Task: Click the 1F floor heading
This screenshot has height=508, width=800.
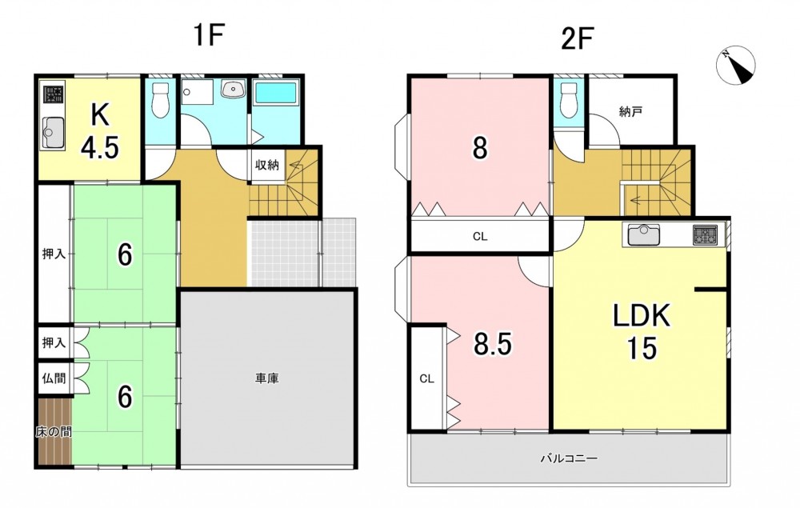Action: coord(209,36)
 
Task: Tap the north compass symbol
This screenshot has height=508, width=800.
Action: coord(736,66)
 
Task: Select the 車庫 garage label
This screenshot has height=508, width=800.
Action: coord(267,378)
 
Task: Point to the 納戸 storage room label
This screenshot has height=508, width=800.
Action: coord(630,112)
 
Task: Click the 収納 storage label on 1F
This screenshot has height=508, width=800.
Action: coord(267,165)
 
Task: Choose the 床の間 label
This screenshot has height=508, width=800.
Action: coord(54,431)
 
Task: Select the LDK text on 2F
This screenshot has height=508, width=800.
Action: coord(642,316)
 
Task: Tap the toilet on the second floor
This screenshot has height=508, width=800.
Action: coord(568,100)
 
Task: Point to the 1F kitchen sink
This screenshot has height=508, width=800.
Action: coord(52,131)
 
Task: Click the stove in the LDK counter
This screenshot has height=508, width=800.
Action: coord(705,235)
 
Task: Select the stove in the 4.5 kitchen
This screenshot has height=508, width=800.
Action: coord(53,94)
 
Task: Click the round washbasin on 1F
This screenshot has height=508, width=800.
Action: coord(233,90)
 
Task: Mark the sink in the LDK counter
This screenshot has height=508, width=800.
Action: coord(644,235)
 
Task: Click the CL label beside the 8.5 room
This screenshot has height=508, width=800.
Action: coord(426,378)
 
